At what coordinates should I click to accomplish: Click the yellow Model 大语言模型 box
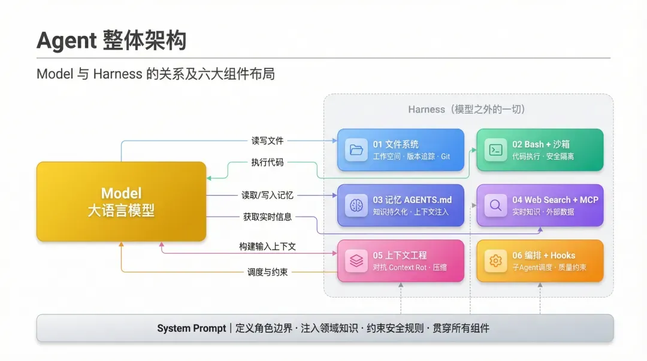click(121, 201)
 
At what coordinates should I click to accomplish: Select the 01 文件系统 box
click(400, 150)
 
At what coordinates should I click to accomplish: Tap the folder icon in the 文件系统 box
click(356, 150)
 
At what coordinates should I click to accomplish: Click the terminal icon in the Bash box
click(495, 150)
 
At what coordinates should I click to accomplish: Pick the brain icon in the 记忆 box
click(356, 205)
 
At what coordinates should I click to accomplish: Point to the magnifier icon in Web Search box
click(495, 205)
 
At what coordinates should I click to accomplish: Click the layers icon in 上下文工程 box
click(356, 261)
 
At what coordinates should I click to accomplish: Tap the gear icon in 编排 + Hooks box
click(495, 261)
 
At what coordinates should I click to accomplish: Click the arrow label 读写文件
click(267, 141)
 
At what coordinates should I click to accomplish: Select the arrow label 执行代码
click(267, 162)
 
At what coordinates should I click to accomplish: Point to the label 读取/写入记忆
click(267, 195)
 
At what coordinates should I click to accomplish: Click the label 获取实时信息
click(267, 217)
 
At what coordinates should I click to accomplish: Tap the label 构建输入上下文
click(267, 247)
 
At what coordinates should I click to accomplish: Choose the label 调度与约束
click(267, 272)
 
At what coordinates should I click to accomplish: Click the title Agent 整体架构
click(111, 41)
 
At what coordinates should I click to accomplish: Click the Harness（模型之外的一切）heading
click(467, 110)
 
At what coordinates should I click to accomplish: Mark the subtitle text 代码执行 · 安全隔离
click(543, 156)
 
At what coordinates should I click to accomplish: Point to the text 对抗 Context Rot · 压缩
click(410, 268)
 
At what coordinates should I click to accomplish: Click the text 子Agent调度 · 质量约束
click(549, 268)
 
